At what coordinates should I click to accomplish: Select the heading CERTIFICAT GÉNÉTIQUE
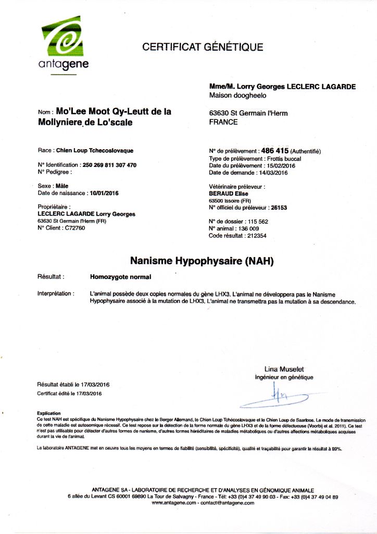click(203, 47)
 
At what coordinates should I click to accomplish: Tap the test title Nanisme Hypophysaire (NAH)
click(202, 260)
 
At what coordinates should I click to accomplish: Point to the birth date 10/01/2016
click(104, 193)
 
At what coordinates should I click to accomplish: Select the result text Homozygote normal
click(117, 276)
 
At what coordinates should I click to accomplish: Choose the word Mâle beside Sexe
click(62, 186)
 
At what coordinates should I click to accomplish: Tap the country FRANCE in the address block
click(223, 123)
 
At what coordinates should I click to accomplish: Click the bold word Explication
click(49, 413)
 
